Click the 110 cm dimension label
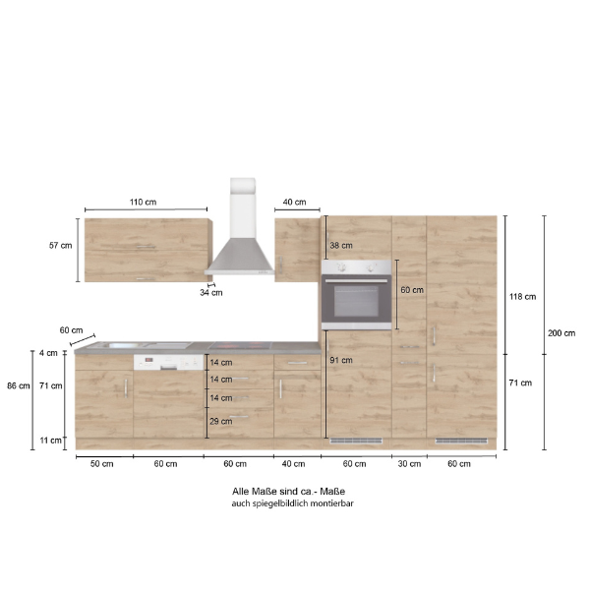pyautogui.click(x=144, y=202)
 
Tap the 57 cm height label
pyautogui.click(x=61, y=246)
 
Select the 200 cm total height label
pyautogui.click(x=562, y=332)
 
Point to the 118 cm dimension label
pyautogui.click(x=523, y=297)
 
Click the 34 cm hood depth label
pyautogui.click(x=210, y=292)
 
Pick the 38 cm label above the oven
pyautogui.click(x=341, y=245)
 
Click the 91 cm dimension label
pyautogui.click(x=341, y=360)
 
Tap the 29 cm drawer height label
pyautogui.click(x=220, y=421)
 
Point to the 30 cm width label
pyautogui.click(x=408, y=463)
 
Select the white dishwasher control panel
pyautogui.click(x=169, y=362)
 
